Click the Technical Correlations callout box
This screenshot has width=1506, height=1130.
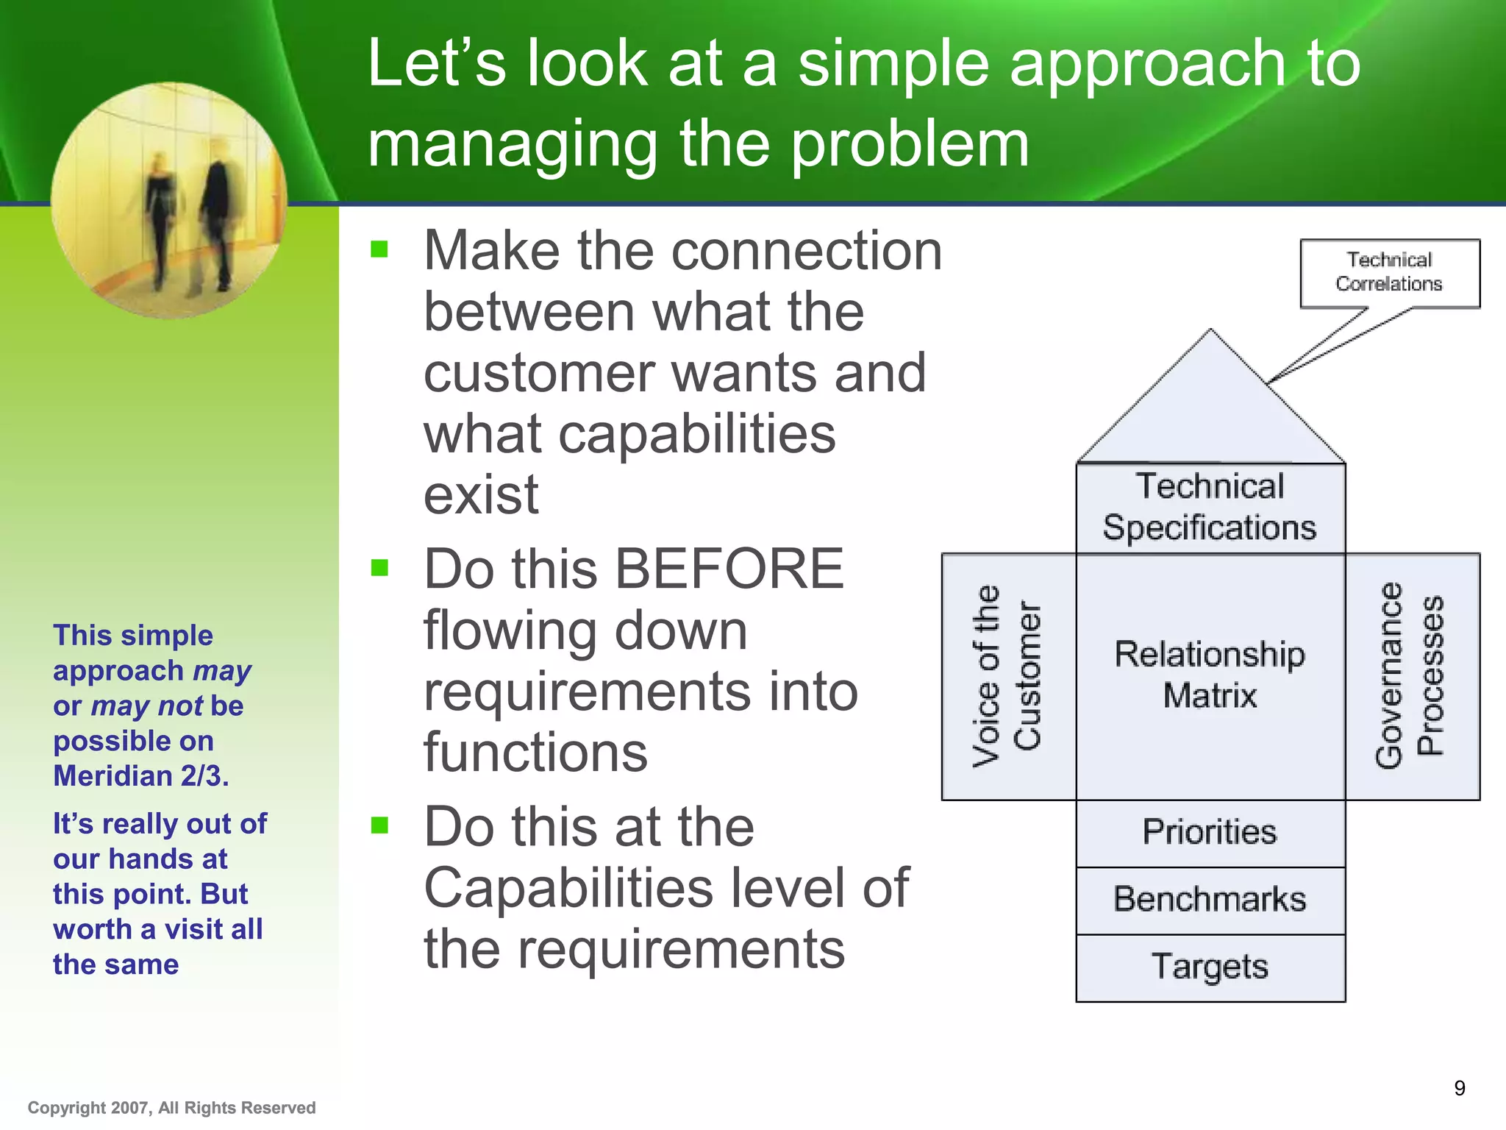coord(1389,272)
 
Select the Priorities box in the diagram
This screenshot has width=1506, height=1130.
coord(1210,832)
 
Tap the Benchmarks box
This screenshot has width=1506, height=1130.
coord(1210,900)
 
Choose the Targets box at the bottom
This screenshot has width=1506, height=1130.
coord(1210,967)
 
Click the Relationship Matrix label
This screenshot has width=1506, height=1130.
coord(1210,675)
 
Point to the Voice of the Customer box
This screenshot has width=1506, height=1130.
coord(1007,676)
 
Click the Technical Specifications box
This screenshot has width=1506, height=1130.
coord(1210,508)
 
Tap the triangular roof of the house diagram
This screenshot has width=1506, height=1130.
coord(1210,412)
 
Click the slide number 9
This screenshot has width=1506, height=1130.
coord(1460,1088)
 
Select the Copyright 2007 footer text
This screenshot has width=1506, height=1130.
coord(171,1108)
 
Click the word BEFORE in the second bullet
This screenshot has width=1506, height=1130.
coord(729,569)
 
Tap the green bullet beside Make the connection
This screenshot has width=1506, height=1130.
coord(379,249)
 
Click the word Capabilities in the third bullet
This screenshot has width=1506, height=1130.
coord(568,888)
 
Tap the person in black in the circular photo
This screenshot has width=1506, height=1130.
coord(216,221)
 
